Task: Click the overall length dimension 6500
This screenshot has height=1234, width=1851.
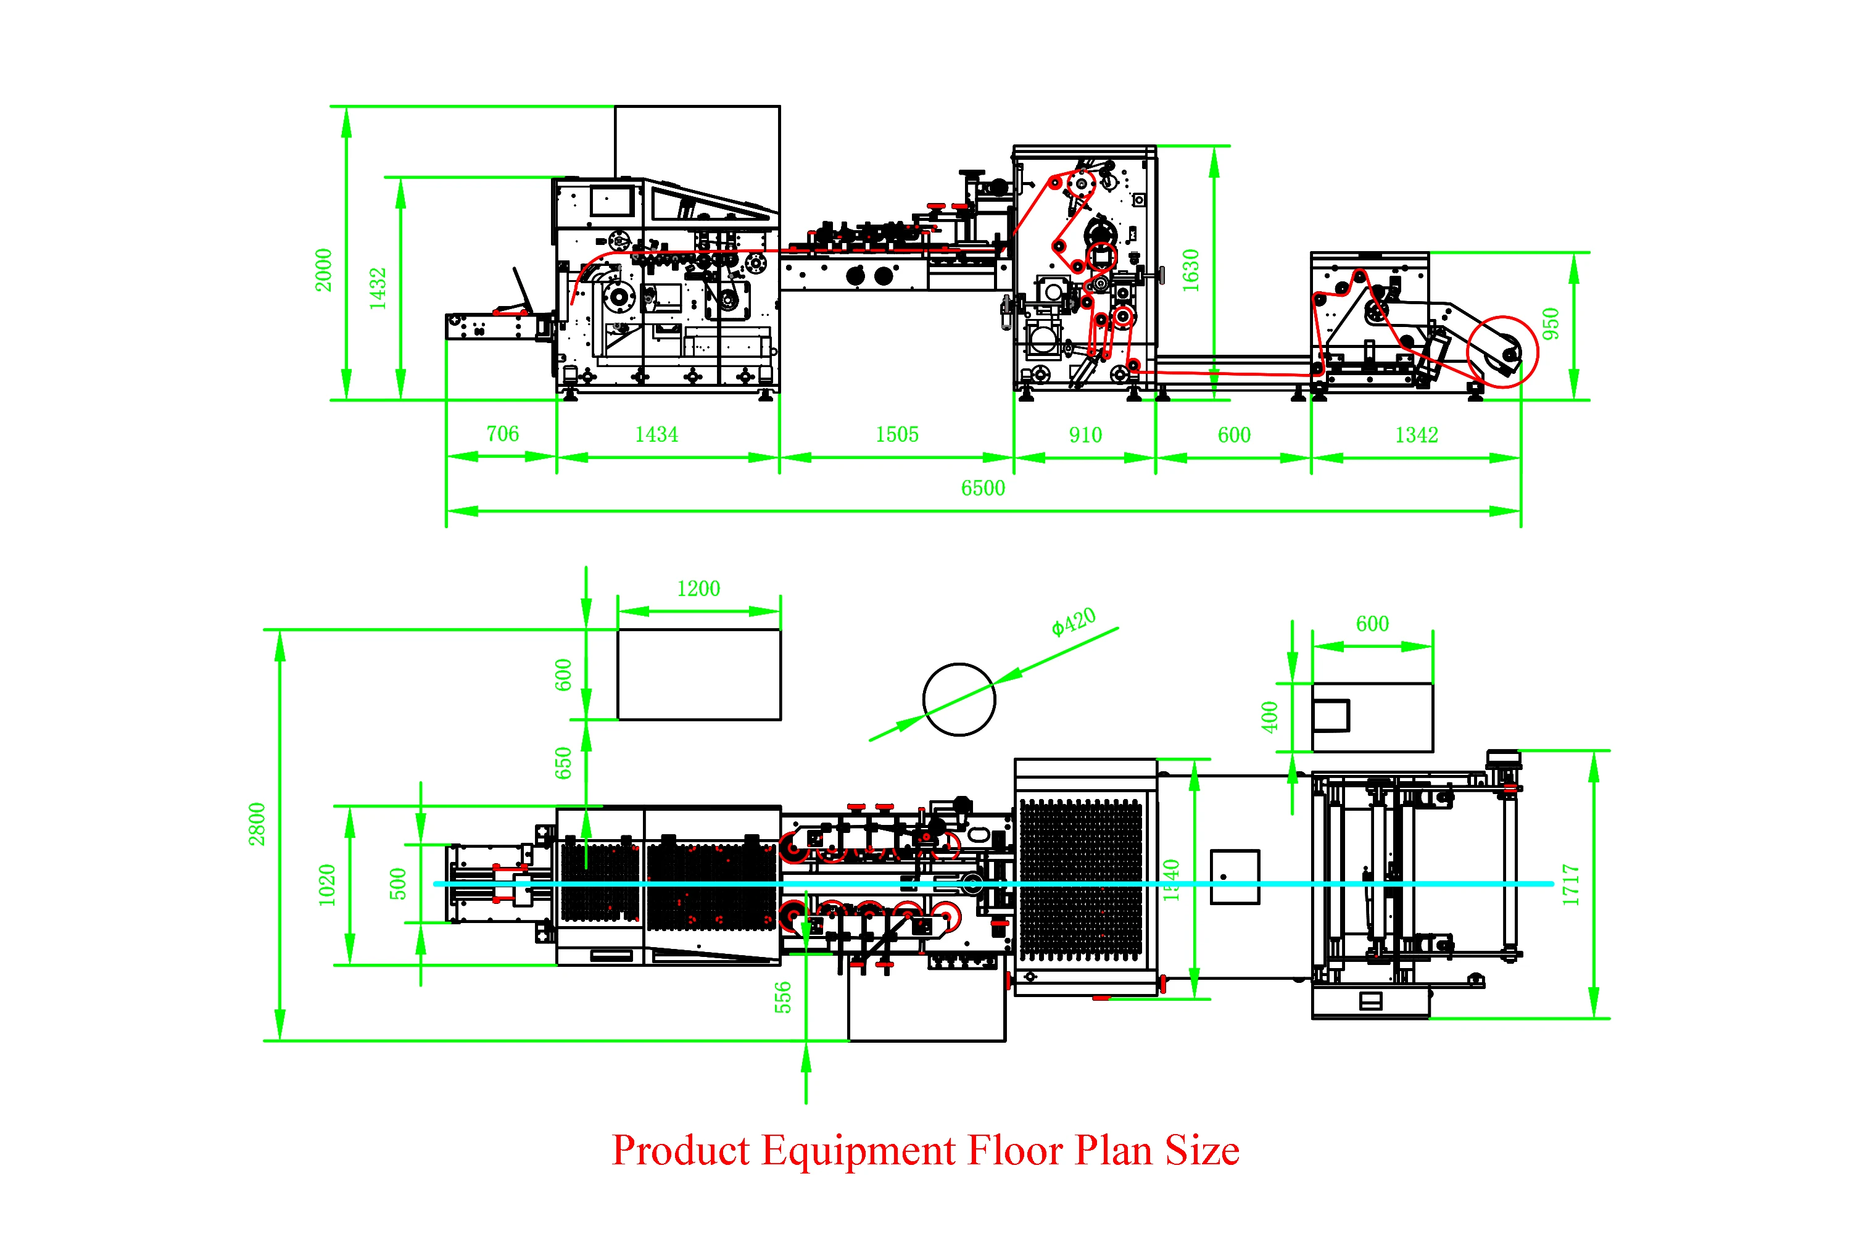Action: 983,488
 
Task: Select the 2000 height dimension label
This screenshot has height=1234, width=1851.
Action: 323,270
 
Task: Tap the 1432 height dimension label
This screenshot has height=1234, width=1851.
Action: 378,288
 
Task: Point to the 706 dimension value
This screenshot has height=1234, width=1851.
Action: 502,434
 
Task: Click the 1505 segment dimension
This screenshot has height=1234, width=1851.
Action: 897,434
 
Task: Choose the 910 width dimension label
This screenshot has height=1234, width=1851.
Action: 1085,435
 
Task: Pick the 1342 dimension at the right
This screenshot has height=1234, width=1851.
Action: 1417,435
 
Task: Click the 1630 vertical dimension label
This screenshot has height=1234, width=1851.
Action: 1191,270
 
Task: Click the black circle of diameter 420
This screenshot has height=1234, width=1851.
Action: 959,665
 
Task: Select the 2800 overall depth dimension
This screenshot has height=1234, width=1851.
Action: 257,824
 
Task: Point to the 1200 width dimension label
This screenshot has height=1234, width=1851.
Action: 698,589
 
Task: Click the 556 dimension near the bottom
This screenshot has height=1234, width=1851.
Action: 782,997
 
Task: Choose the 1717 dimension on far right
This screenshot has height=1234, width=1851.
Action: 1571,885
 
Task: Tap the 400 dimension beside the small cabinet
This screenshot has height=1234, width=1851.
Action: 1269,717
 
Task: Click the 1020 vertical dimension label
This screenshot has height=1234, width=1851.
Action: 326,885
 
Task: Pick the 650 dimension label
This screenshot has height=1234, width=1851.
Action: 563,763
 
